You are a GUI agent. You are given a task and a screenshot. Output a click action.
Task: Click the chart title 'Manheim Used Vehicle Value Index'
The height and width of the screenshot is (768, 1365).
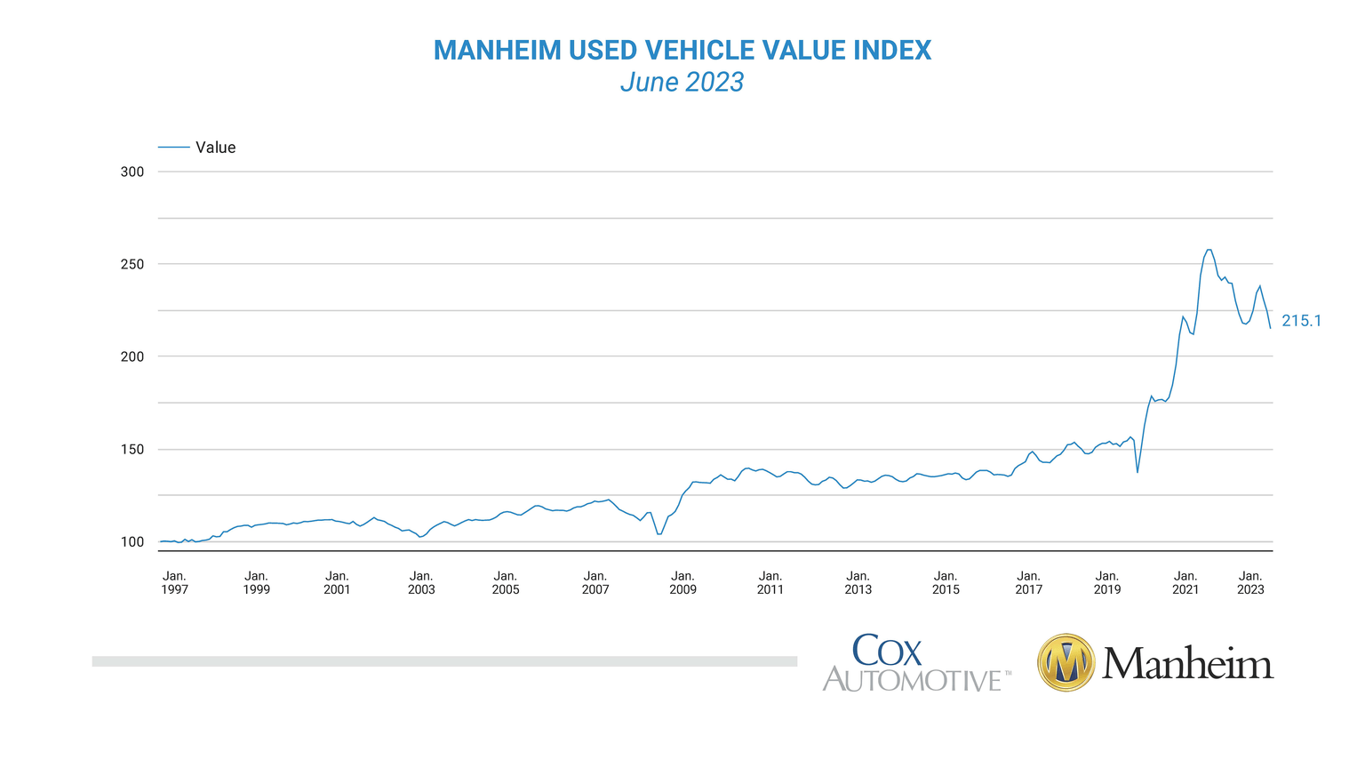(682, 51)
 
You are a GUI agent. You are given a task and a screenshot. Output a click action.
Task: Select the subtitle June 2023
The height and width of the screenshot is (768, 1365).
(682, 82)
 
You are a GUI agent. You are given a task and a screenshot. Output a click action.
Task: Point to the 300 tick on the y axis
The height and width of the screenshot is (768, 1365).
(132, 172)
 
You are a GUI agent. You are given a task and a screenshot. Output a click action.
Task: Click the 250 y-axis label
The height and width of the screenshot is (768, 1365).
(132, 264)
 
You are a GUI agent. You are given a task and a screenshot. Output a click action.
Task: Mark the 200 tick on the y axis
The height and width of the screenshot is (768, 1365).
(132, 356)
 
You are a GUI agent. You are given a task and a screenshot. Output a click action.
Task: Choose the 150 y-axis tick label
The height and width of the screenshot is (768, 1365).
(132, 449)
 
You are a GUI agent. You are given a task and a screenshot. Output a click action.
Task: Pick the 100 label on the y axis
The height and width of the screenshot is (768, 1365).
(132, 541)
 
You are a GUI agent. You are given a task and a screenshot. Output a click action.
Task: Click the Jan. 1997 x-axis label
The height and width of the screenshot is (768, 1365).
(174, 582)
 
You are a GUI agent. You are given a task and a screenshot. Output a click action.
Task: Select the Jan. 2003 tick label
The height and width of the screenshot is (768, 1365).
(421, 582)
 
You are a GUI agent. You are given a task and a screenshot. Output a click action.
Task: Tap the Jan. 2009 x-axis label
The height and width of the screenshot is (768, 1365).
(682, 582)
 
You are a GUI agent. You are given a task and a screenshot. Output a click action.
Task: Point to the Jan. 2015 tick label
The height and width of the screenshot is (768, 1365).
(946, 582)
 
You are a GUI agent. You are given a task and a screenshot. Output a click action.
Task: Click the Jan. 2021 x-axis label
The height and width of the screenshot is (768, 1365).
(1185, 582)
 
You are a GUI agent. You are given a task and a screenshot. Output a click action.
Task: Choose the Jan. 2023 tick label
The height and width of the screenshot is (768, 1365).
(1250, 582)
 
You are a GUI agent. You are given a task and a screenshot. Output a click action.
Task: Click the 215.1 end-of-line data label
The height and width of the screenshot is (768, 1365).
(1301, 321)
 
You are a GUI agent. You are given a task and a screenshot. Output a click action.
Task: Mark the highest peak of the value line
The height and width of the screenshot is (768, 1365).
(1209, 250)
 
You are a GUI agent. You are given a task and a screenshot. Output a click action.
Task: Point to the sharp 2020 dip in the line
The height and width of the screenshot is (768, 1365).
(1137, 471)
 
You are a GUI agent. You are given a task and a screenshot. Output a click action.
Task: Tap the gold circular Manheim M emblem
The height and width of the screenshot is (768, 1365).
(1066, 663)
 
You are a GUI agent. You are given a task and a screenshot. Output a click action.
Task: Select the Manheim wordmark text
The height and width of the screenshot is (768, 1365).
(1187, 664)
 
